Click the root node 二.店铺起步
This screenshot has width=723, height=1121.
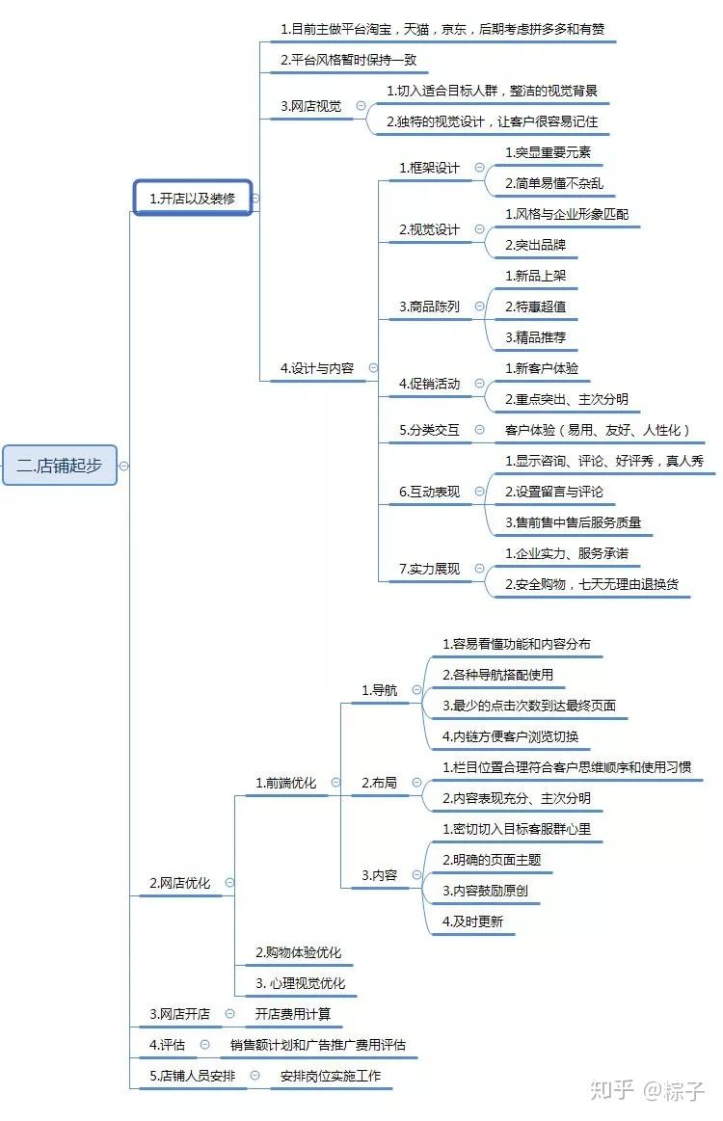60,466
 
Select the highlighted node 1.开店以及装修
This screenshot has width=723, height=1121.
193,198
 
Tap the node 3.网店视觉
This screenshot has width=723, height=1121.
311,107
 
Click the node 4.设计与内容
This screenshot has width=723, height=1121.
317,368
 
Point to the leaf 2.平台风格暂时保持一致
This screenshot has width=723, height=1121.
348,60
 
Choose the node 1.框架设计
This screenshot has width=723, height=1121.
429,168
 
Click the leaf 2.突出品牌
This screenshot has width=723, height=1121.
535,245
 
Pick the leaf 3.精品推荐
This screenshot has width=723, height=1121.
535,336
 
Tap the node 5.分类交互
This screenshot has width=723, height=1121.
429,430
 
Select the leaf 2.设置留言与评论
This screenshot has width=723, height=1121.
553,492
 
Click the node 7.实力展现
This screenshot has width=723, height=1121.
429,569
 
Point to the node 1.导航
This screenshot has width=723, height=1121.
379,690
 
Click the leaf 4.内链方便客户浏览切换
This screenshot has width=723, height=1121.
510,736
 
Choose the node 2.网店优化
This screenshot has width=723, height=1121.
179,883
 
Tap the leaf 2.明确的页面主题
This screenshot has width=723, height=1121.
492,860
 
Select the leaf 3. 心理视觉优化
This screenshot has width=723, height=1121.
300,983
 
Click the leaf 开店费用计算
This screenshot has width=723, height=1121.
292,1014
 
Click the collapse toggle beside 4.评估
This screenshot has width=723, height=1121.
204,1045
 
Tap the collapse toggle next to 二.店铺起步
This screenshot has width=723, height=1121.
123,466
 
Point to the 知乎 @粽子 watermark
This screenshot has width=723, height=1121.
647,1090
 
